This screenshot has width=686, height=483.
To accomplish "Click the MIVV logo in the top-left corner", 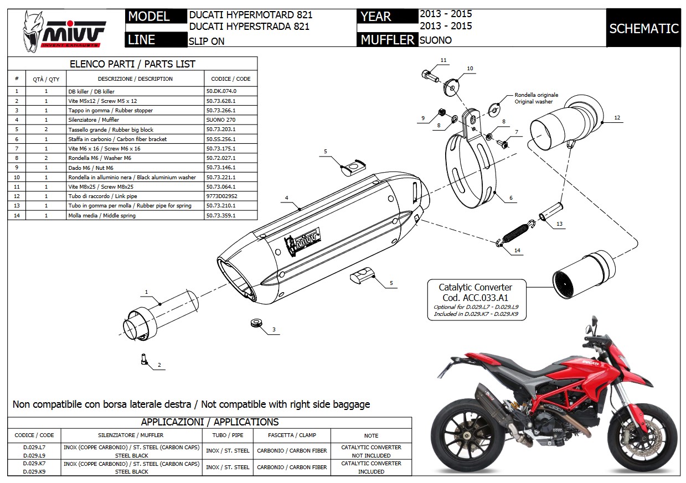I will (x=64, y=31).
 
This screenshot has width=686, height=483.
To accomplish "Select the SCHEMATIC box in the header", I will (x=643, y=29).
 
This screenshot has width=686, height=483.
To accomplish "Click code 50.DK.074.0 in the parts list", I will (x=221, y=91).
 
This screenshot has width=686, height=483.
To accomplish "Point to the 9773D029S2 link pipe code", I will (x=222, y=196).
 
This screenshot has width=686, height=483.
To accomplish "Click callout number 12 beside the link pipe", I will (x=617, y=117).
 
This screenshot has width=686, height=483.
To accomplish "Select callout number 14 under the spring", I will (x=517, y=251).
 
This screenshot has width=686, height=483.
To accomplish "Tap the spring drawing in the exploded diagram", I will (x=516, y=232).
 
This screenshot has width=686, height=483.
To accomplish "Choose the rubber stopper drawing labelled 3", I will (x=255, y=322).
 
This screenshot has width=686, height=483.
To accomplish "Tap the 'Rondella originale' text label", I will (x=536, y=95).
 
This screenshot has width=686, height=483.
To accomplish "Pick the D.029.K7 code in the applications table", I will (x=34, y=463).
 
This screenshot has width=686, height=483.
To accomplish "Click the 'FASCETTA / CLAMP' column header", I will (x=292, y=435).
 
